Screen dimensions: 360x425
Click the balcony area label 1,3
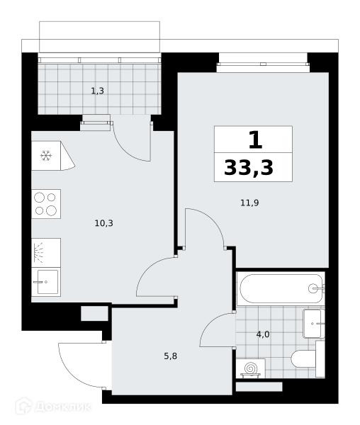pos(97,91)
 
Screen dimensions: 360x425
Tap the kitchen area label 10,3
pos(104,223)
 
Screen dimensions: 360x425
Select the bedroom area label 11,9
pos(249,203)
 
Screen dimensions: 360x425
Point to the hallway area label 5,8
pos(171,356)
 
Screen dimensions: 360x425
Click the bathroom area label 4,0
pos(263,334)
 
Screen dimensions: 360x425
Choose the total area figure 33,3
pos(249,168)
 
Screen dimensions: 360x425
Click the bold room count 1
pos(255,140)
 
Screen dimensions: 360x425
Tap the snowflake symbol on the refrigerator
pos(46,156)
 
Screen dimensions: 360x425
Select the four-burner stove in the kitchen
pos(46,204)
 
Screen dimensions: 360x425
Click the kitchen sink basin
pos(47,282)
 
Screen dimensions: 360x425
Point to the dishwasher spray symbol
pos(38,253)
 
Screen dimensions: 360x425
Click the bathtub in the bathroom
pos(280,288)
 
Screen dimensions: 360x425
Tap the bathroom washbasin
pos(313,324)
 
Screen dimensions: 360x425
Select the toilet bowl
pos(303,359)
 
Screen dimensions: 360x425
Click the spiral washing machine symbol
pos(251,369)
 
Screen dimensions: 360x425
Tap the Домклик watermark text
pos(63,407)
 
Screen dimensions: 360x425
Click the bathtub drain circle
pos(313,288)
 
